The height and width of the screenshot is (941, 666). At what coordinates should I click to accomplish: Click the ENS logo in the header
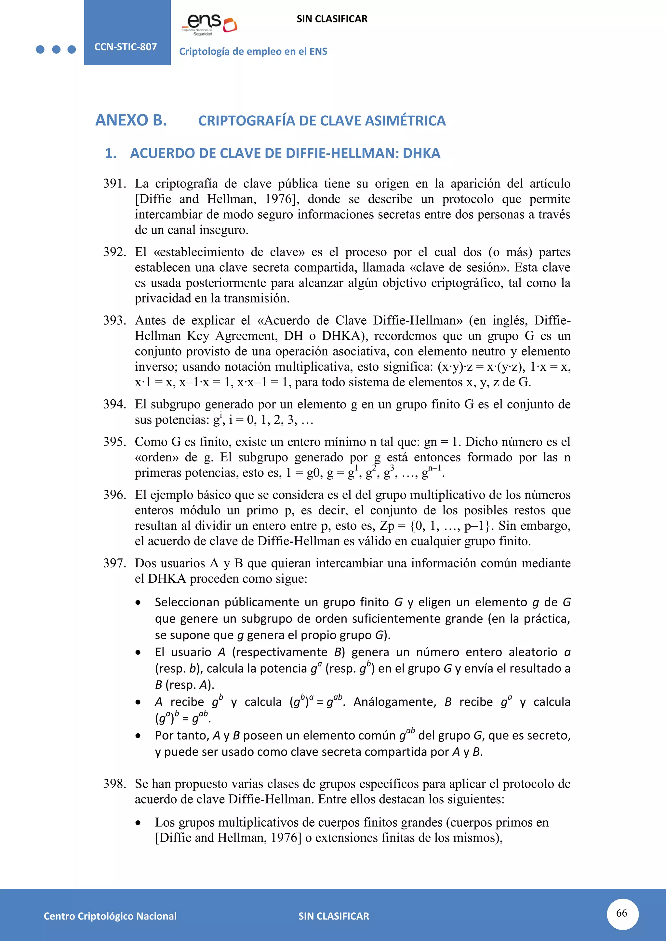tap(209, 25)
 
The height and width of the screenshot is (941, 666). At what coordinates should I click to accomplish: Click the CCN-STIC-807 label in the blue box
tap(126, 47)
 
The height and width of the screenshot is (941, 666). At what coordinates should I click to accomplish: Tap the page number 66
tap(622, 913)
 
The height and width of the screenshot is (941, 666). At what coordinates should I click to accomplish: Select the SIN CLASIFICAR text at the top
tap(332, 19)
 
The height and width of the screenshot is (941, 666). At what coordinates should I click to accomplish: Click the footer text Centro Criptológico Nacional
tap(110, 916)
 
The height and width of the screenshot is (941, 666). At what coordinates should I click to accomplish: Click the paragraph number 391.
tap(114, 184)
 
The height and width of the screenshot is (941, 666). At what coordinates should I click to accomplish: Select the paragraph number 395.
tap(114, 442)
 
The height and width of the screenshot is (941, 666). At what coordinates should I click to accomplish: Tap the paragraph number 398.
tap(114, 784)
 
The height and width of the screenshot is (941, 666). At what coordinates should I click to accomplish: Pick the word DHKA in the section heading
tap(421, 153)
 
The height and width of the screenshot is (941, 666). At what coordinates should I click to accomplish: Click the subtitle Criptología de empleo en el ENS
tap(253, 52)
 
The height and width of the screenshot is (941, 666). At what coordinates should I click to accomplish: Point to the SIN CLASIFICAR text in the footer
tap(333, 916)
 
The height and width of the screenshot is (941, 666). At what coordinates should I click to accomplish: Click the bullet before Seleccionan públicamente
tap(138, 603)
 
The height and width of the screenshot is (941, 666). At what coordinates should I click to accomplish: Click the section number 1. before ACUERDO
tap(110, 153)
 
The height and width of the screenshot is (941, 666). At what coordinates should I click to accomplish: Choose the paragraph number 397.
tap(114, 563)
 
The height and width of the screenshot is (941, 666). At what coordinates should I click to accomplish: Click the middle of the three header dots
tap(56, 50)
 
